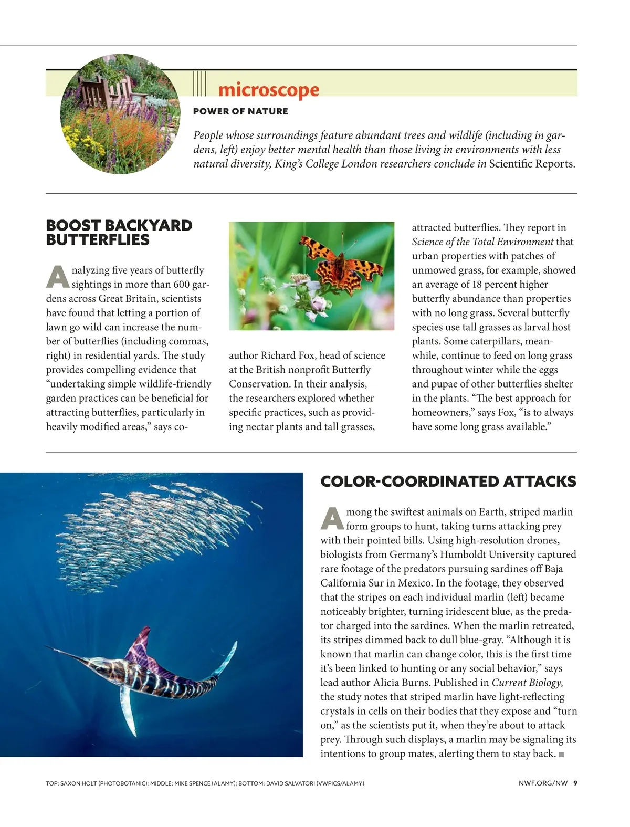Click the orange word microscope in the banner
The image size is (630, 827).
point(268,90)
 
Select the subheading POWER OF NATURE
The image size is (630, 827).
point(240,111)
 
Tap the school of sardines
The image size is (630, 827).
point(152,530)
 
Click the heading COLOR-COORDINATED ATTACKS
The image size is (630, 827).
point(448,481)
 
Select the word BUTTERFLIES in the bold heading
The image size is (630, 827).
point(98,240)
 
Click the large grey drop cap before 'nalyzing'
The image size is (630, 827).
point(57,277)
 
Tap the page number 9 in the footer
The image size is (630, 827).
point(575,783)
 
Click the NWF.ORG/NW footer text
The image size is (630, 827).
point(543,783)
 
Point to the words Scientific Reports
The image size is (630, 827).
point(532,164)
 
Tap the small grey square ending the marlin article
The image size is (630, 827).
point(561,755)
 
